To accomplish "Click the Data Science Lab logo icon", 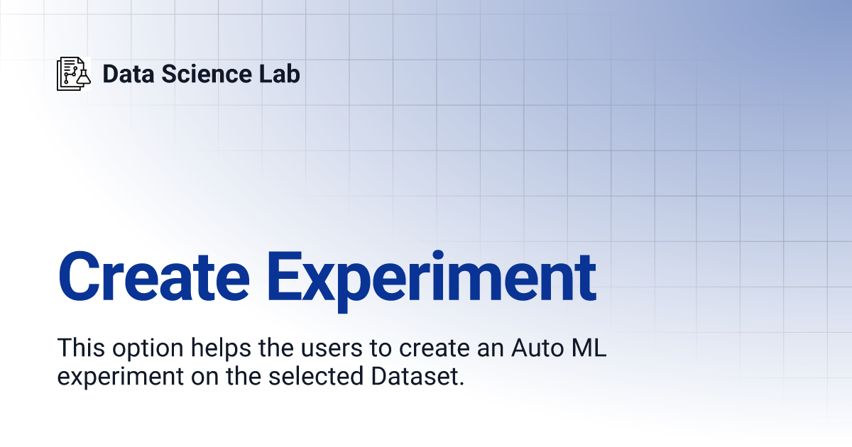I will pyautogui.click(x=74, y=73).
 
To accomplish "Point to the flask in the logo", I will pyautogui.click(x=84, y=78).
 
